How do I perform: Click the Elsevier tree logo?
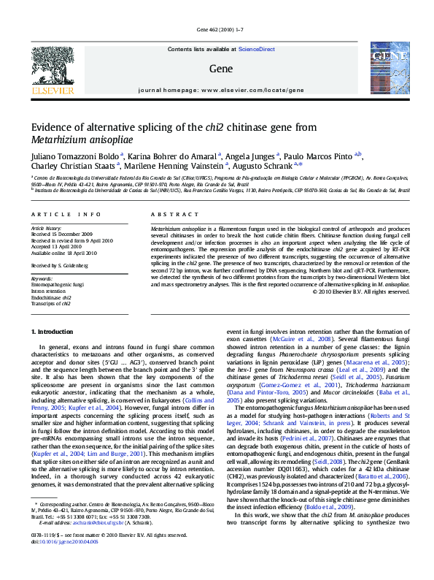coord(53,68)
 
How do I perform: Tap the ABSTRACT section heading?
coord(169,214)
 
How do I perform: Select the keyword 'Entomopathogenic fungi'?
coord(58,284)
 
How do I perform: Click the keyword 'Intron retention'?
coord(48,291)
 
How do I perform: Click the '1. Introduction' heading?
coord(56,332)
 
